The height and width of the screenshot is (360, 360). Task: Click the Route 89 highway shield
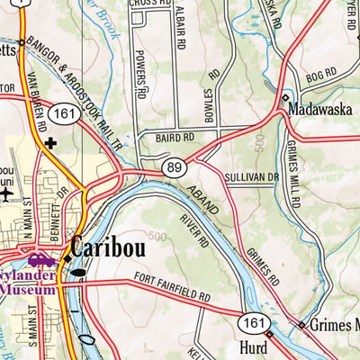[175, 166]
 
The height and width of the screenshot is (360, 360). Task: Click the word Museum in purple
[27, 290]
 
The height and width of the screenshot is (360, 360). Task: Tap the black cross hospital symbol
[50, 142]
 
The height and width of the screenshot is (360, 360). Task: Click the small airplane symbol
[7, 192]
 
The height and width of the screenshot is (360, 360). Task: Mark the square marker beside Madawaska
[285, 97]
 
